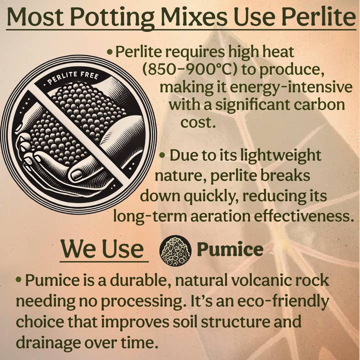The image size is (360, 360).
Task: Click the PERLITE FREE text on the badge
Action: coord(72,79)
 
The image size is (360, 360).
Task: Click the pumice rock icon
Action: coord(175,250)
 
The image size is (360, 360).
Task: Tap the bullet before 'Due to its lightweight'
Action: coord(162,155)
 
